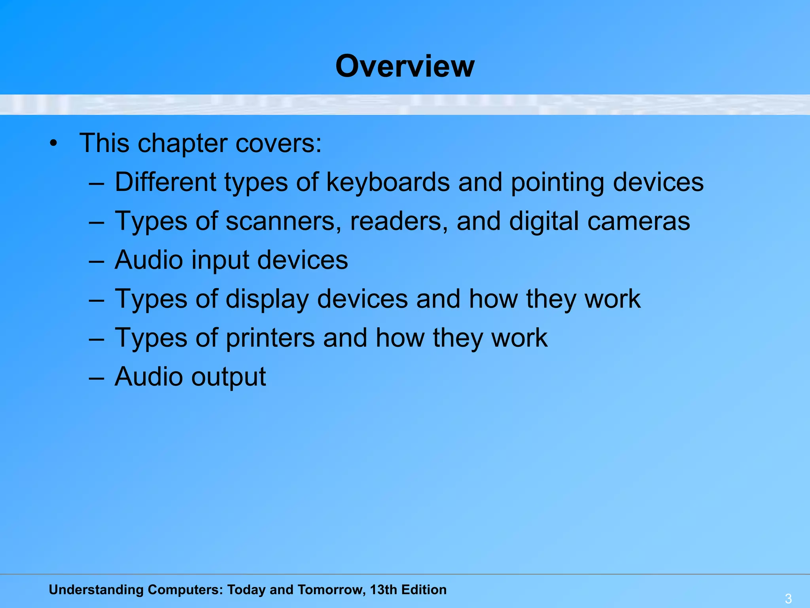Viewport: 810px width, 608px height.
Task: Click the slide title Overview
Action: tap(405, 66)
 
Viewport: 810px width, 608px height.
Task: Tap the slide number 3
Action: tap(788, 598)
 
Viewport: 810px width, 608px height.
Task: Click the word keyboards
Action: tap(388, 182)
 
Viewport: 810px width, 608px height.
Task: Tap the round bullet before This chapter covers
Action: tap(54, 144)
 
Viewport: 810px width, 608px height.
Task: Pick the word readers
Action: tap(399, 221)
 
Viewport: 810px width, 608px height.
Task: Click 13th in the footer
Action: tap(383, 590)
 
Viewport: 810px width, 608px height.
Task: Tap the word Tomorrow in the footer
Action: tap(331, 590)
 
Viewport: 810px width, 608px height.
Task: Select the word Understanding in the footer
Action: tap(96, 590)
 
